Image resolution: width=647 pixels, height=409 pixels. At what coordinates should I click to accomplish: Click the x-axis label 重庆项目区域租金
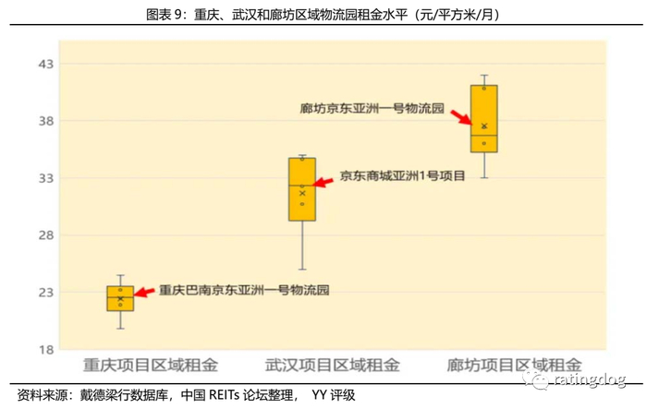coord(151,365)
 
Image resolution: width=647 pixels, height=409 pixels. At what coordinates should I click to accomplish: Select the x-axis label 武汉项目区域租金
coord(332,365)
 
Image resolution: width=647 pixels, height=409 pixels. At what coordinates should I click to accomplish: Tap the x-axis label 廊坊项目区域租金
coord(514,365)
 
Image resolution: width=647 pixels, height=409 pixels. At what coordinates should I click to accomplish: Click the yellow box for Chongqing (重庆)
coord(120,298)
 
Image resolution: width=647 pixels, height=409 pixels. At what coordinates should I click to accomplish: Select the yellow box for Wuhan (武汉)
coord(302,189)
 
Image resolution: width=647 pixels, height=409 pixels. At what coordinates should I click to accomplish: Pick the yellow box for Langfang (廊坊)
coord(483,118)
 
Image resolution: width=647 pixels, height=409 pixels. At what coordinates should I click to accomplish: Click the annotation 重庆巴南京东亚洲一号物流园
coord(244,290)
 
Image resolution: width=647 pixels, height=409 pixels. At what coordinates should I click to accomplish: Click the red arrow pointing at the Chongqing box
coord(146,294)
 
